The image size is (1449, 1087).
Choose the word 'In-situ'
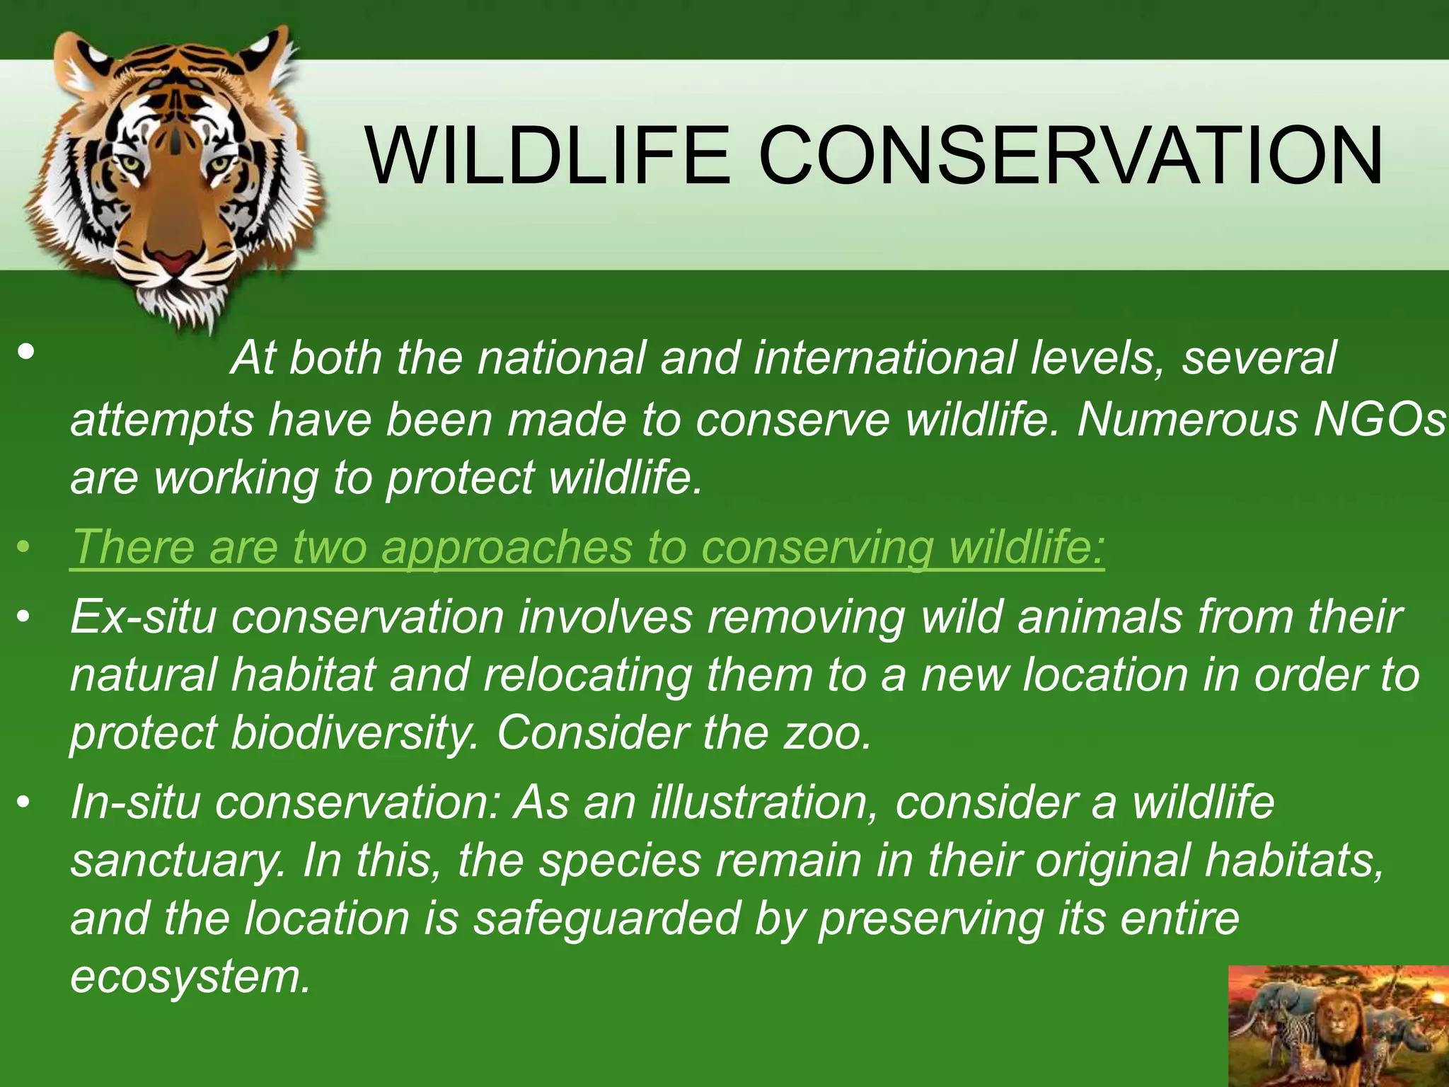(134, 803)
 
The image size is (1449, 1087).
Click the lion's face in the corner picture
(1337, 1020)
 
